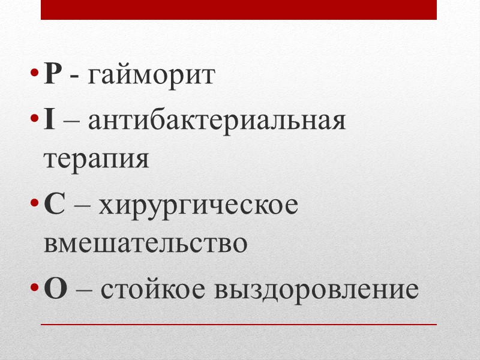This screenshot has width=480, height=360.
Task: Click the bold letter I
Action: tap(49, 122)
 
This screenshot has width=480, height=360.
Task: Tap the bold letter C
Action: tap(54, 206)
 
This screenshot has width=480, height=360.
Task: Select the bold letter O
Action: tap(55, 289)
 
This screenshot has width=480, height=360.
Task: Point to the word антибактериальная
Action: tap(217, 122)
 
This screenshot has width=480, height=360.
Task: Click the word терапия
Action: tap(96, 160)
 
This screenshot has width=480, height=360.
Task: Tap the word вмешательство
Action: tap(145, 243)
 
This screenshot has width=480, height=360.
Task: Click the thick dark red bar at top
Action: tap(238, 10)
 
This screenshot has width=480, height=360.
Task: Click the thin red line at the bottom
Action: tap(238, 325)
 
